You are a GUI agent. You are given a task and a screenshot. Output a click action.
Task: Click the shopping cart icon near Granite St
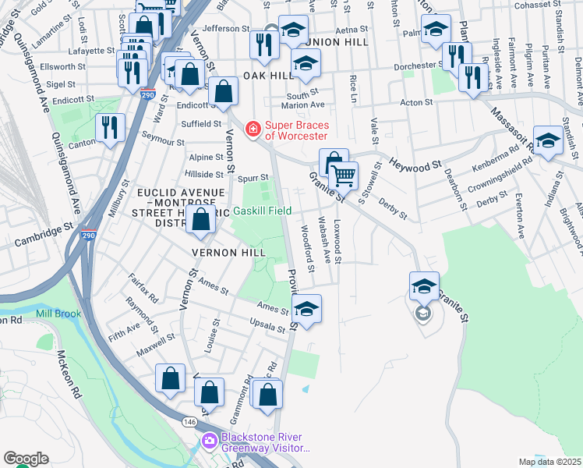[344, 176]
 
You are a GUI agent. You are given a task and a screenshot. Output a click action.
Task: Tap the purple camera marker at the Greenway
[209, 442]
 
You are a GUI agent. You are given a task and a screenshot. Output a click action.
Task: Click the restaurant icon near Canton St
[109, 129]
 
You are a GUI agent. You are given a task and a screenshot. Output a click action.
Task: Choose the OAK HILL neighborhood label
[267, 75]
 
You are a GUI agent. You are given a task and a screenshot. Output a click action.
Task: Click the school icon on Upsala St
[306, 309]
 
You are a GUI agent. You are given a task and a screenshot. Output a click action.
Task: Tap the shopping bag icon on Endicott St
[224, 91]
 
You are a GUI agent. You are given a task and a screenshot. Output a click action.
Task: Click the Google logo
[26, 459]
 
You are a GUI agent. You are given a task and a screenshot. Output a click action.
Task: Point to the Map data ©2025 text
[549, 462]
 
